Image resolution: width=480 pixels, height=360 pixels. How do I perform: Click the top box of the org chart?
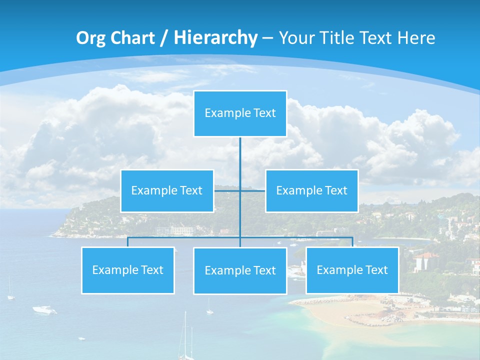pos(240,113)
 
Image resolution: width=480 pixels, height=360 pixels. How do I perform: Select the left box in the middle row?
pos(167,190)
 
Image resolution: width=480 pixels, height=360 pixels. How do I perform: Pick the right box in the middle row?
pos(311,190)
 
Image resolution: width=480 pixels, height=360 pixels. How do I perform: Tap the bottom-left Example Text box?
pos(128,270)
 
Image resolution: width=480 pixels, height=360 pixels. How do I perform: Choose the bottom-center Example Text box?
pos(240,270)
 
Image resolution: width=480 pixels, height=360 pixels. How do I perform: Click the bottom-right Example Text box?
pos(352,270)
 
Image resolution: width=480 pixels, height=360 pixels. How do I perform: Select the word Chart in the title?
pos(131,38)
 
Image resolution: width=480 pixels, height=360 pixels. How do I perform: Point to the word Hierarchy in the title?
pos(215,38)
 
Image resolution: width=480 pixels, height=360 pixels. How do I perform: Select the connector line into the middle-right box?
pos(253,190)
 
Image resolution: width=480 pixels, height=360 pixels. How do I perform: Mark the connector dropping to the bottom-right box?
pos(352,242)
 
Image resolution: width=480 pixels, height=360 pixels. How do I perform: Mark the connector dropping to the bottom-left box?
pos(128,242)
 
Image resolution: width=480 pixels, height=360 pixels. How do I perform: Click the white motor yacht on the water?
pos(44,310)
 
